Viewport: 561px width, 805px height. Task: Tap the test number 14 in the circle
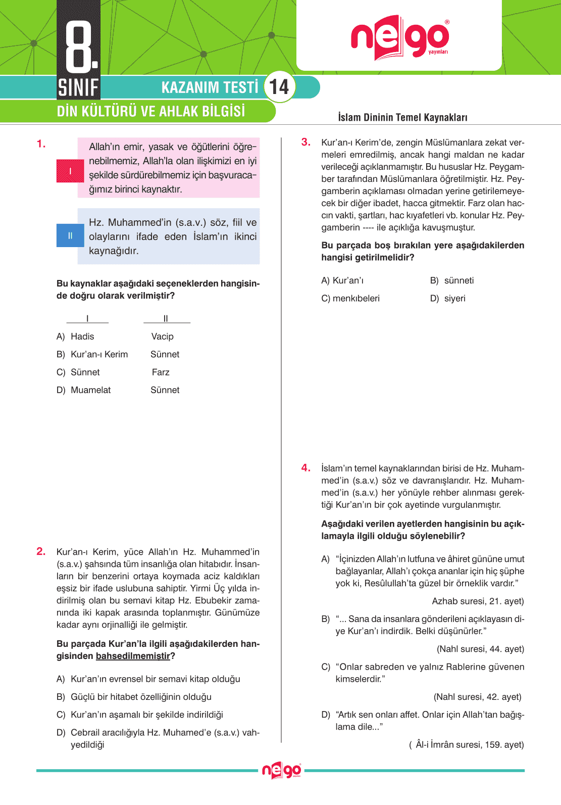(x=279, y=87)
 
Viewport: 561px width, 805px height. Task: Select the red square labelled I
(x=70, y=171)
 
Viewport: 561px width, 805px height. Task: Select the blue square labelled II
(x=70, y=235)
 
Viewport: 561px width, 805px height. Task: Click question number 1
(x=41, y=144)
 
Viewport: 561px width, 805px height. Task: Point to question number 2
(x=41, y=551)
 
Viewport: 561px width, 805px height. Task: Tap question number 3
(x=305, y=142)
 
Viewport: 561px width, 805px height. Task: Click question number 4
(x=305, y=468)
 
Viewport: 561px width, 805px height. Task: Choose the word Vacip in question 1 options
(x=162, y=337)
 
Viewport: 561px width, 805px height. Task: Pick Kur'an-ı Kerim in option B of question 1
(x=99, y=354)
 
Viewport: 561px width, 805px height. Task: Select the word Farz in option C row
(x=161, y=372)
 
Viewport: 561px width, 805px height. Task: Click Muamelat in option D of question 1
(x=90, y=390)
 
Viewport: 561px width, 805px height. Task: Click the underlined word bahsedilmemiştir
(x=133, y=656)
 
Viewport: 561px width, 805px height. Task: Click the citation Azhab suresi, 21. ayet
(x=478, y=601)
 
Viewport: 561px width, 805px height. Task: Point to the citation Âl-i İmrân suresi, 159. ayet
(x=469, y=744)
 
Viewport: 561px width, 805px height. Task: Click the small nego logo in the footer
(x=281, y=771)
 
